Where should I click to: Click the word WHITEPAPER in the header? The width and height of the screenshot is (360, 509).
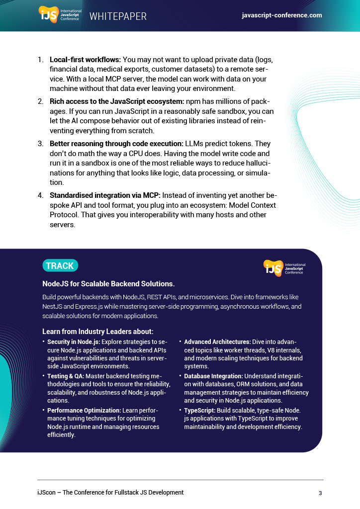coord(118,16)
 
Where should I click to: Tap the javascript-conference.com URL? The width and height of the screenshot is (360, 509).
coord(281,15)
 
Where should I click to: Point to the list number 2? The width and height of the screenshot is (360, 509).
coord(40,101)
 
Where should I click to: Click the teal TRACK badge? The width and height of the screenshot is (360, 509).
coord(60,266)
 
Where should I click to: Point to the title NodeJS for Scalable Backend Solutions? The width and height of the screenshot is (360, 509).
coord(108,284)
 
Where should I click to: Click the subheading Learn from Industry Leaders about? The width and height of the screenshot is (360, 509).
coord(97,332)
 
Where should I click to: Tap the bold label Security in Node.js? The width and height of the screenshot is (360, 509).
coord(74,342)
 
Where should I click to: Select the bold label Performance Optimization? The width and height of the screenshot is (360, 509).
coord(84,411)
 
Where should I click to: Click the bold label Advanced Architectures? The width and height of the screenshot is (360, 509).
coord(217,342)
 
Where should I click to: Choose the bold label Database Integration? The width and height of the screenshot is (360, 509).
coord(213,376)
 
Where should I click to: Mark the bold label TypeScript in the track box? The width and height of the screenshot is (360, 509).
coord(200,411)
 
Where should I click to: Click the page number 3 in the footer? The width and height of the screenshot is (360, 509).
coord(321,493)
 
